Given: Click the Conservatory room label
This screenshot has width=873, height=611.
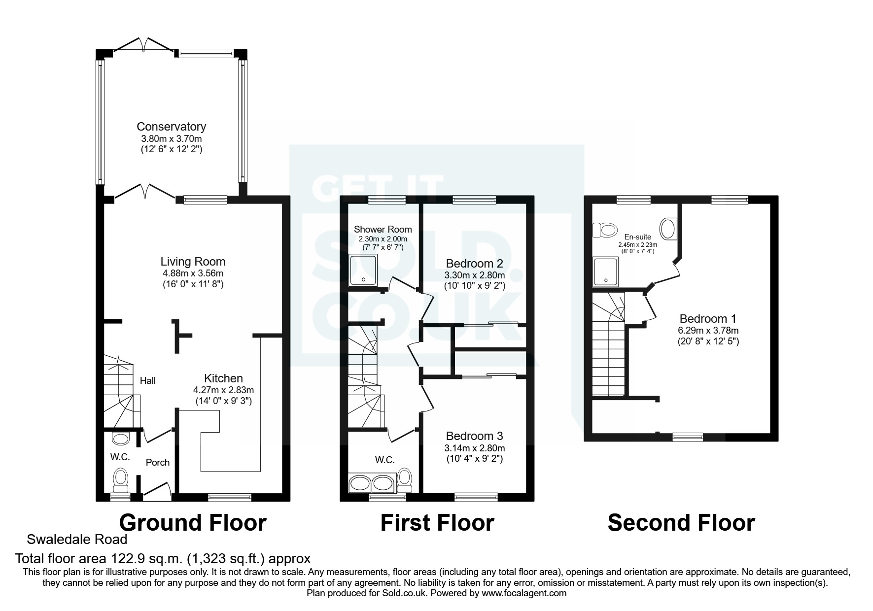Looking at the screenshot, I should point(171,127).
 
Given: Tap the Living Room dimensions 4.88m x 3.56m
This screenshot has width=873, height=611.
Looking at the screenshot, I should point(193,273).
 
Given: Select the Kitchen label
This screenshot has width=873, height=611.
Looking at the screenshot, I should point(223,378).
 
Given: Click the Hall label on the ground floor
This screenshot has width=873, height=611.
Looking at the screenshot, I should point(147,380).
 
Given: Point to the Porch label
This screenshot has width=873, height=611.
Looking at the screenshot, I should point(157,462).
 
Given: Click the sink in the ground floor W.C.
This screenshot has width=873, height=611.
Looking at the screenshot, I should point(120,438).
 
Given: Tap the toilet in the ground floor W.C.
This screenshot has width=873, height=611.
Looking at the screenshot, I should point(121,479).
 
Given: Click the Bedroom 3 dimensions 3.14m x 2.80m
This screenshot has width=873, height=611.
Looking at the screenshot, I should point(474,448).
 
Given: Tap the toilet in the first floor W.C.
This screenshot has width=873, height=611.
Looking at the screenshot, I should point(405,478).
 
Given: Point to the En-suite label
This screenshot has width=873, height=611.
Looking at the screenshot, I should point(638,237).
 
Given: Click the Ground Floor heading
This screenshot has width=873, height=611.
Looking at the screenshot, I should point(193,523).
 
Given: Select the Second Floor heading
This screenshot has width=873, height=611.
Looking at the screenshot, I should point(681,523).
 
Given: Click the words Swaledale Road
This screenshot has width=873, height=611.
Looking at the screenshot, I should point(77,539).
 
